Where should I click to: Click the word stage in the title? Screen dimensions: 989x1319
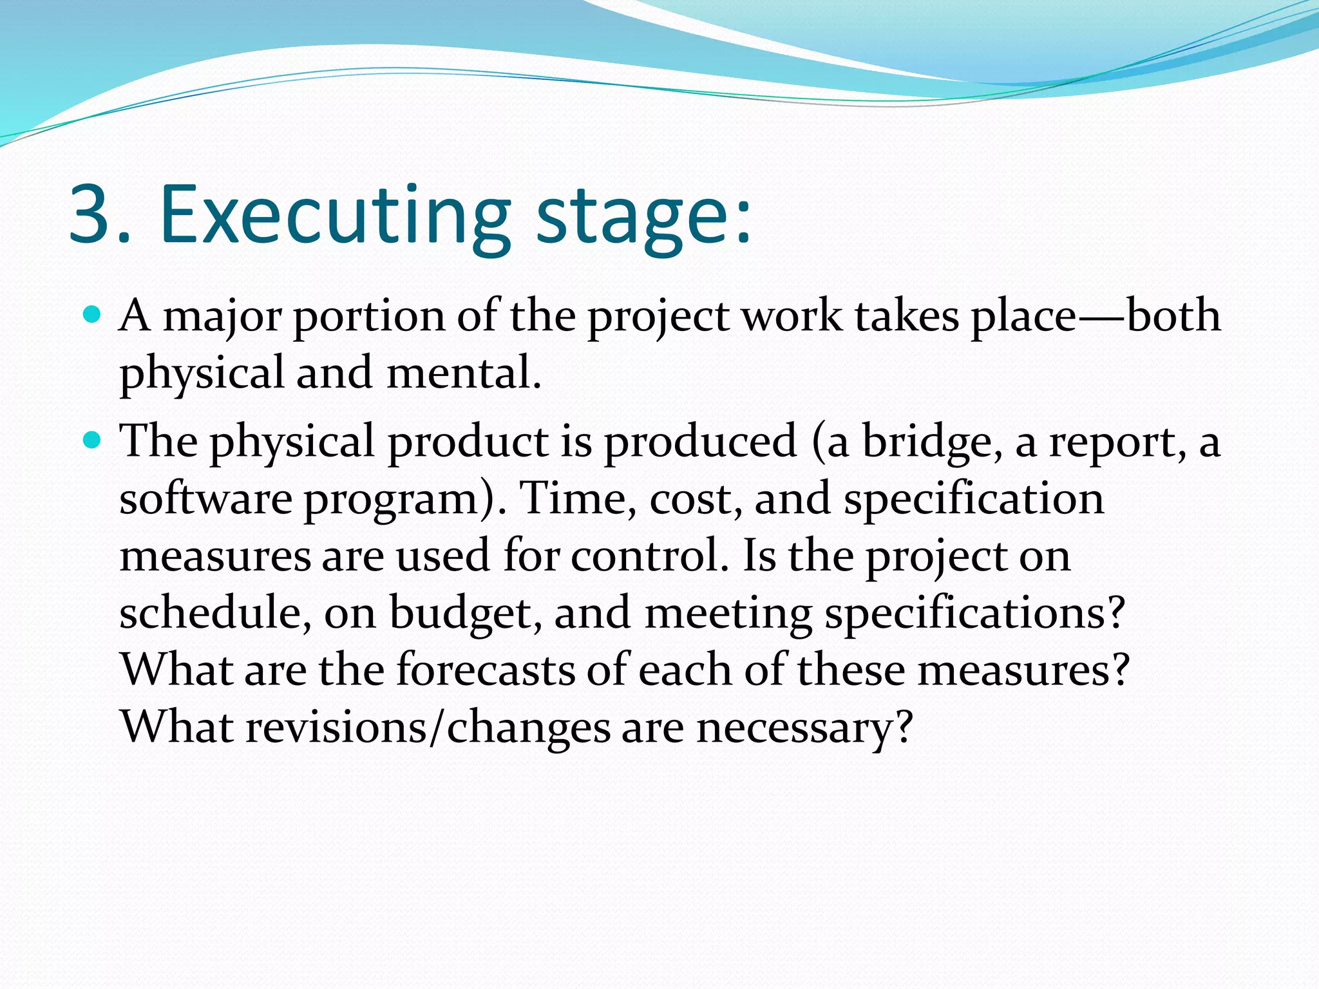[631, 219]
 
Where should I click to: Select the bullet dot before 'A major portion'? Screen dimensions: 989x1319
[93, 315]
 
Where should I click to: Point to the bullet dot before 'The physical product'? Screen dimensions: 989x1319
[93, 440]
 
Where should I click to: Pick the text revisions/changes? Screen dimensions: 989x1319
[428, 728]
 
